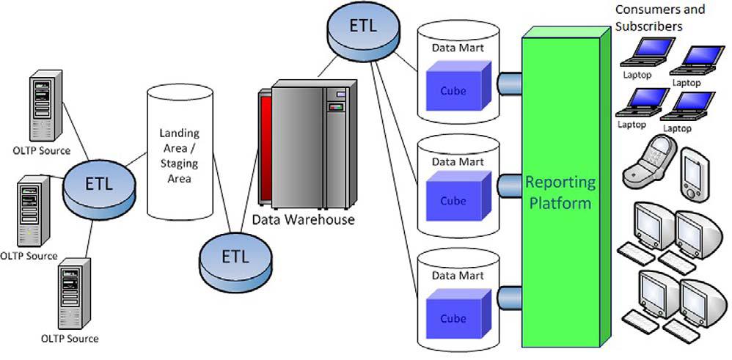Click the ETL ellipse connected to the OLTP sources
click(100, 184)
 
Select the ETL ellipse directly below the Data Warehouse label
click(235, 257)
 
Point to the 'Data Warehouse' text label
click(303, 219)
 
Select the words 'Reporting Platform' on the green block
click(561, 192)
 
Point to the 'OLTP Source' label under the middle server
click(29, 256)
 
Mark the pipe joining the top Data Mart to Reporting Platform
click(508, 83)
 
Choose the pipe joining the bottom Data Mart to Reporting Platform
click(508, 295)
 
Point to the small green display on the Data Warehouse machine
click(336, 108)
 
